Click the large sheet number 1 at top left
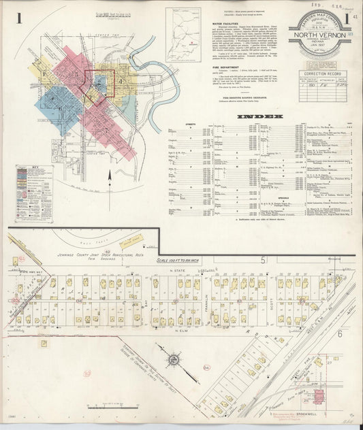(x=20, y=18)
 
